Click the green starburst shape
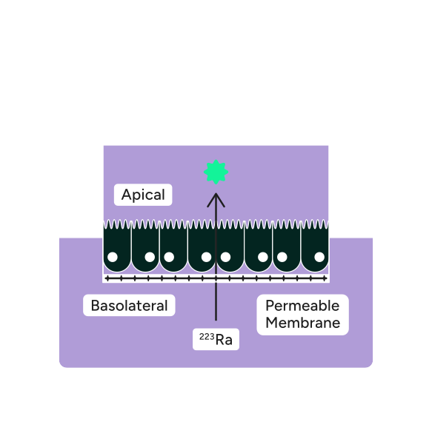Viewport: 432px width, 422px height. pyautogui.click(x=216, y=172)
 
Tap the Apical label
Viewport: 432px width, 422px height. pyautogui.click(x=143, y=195)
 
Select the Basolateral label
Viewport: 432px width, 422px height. pyautogui.click(x=129, y=306)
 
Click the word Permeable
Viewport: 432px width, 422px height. pyautogui.click(x=302, y=306)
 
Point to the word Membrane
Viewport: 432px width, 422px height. pyautogui.click(x=302, y=323)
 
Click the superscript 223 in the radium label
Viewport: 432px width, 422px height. pyautogui.click(x=205, y=337)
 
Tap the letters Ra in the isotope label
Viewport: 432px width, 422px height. pyautogui.click(x=223, y=341)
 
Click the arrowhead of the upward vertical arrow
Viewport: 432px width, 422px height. pyautogui.click(x=216, y=198)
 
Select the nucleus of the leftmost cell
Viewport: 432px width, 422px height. pyautogui.click(x=113, y=257)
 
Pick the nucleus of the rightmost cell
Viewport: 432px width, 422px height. pyautogui.click(x=319, y=257)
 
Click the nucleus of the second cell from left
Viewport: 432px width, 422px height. pyautogui.click(x=150, y=257)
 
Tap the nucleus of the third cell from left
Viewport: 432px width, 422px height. pyautogui.click(x=169, y=257)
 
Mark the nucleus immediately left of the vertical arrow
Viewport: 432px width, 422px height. pyautogui.click(x=206, y=257)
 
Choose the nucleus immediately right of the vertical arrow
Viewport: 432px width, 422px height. pyautogui.click(x=225, y=257)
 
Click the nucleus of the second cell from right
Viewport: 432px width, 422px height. pyautogui.click(x=282, y=257)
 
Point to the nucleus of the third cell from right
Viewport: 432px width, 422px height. pyautogui.click(x=262, y=257)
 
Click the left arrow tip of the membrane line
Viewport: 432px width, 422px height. pyautogui.click(x=107, y=278)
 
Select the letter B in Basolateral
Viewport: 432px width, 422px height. pyautogui.click(x=95, y=306)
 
